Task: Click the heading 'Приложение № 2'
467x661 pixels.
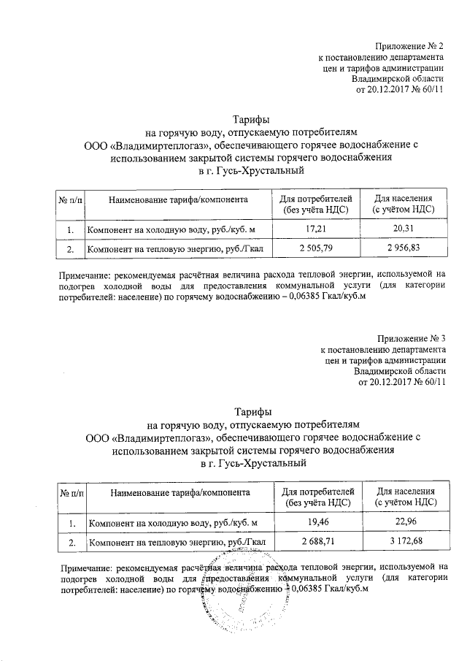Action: [407, 46]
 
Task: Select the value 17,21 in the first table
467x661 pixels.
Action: [316, 230]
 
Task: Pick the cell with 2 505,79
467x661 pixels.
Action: [316, 249]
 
